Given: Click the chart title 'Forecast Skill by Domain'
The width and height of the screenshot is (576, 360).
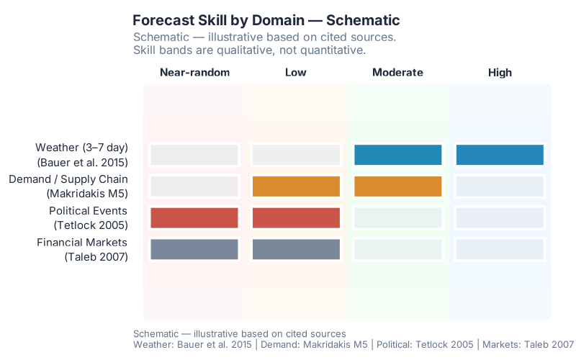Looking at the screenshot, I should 266,20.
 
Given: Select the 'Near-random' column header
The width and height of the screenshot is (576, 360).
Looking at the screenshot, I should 194,72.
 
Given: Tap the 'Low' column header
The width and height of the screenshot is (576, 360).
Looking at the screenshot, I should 296,72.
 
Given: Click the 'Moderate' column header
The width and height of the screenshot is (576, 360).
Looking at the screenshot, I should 397,72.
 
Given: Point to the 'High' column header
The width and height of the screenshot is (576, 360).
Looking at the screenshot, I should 500,72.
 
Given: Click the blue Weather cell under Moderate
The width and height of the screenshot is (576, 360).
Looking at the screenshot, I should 397,155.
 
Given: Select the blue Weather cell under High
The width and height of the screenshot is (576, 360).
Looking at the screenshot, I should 500,155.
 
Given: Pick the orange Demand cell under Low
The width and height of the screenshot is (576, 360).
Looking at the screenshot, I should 296,186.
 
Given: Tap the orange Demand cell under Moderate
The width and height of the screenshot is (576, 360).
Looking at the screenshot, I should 397,186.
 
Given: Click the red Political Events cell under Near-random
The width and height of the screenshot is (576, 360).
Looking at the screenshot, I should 194,217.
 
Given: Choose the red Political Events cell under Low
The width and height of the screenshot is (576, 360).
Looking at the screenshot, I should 296,217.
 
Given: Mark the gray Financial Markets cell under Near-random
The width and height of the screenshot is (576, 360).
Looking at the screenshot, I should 194,249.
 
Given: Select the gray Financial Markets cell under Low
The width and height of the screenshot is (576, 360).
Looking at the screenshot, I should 296,249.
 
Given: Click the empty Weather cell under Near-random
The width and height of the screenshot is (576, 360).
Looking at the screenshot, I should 194,155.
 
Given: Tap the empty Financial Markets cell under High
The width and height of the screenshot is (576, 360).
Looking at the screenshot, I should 500,249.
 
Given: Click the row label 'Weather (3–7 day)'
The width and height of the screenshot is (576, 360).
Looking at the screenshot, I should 81,148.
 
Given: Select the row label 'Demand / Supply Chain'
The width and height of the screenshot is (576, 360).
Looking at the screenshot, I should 68,179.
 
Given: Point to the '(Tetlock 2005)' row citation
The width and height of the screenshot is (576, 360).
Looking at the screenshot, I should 91,225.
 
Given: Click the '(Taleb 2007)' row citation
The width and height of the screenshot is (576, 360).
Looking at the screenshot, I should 96,256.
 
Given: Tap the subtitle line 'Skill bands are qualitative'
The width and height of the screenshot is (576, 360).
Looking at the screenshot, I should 250,50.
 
